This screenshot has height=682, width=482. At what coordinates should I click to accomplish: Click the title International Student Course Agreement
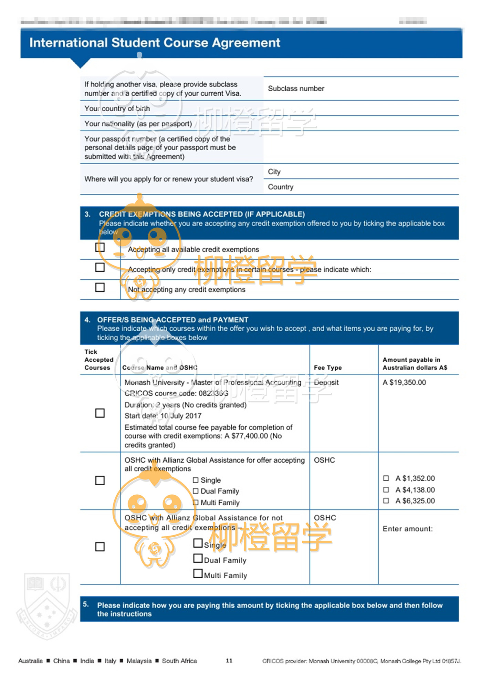[155, 43]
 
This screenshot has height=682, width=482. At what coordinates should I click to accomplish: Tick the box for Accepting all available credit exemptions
[100, 247]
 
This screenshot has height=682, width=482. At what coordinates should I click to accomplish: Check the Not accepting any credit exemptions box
[100, 287]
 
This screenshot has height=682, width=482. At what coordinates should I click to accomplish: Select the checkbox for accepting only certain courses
[100, 267]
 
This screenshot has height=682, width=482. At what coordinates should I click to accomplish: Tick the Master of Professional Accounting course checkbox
[100, 413]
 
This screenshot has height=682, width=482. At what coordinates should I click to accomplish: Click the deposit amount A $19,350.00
[404, 382]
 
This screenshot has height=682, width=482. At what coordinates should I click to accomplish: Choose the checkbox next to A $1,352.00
[386, 478]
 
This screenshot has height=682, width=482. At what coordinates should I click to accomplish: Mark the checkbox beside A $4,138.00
[386, 489]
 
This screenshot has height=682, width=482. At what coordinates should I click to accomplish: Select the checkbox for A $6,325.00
[386, 500]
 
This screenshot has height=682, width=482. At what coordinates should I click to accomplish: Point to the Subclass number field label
[296, 89]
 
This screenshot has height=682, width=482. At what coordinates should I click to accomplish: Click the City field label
[274, 172]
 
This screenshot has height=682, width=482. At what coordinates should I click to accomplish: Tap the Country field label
[281, 187]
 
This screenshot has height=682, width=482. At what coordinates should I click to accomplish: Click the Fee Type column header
[328, 368]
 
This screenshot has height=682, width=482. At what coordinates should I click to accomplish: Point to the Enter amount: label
[408, 529]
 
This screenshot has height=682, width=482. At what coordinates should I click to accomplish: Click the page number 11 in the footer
[229, 660]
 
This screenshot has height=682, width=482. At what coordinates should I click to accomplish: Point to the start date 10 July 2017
[181, 416]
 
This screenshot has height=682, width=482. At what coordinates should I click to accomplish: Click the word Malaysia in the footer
[139, 661]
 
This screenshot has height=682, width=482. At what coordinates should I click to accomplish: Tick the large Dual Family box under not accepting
[198, 558]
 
